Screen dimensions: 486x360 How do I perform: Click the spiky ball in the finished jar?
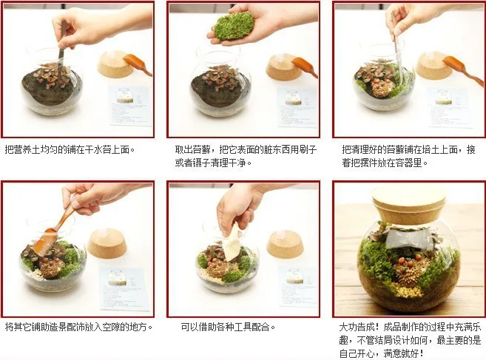tap(407, 275)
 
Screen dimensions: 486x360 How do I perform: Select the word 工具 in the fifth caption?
tap(243, 327)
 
